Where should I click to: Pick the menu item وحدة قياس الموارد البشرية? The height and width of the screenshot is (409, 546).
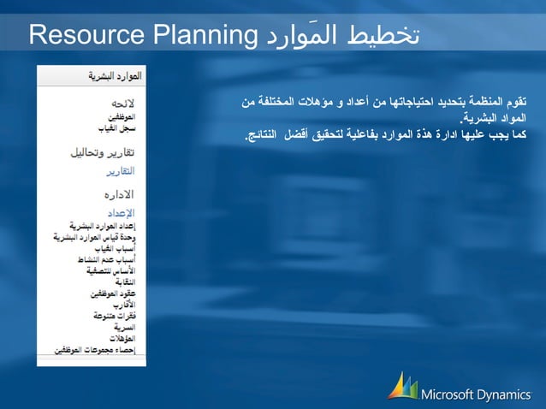point(100,235)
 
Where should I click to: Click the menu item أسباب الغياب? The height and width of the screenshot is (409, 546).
point(122,246)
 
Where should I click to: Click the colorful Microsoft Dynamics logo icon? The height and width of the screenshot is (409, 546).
point(401,386)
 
